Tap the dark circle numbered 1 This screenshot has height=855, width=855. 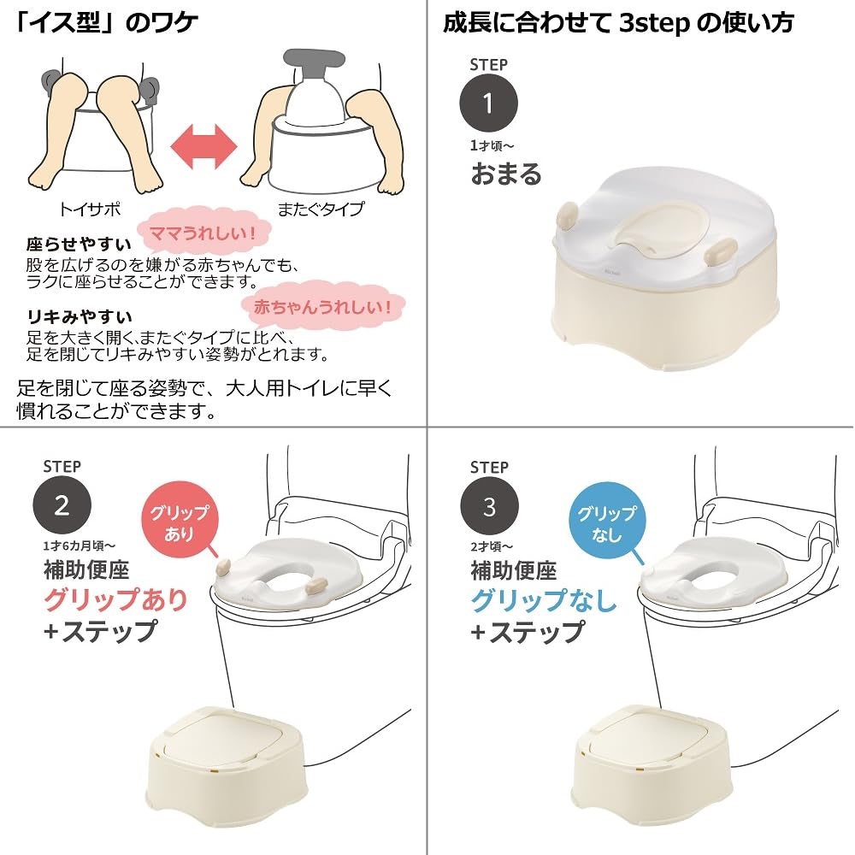(x=488, y=103)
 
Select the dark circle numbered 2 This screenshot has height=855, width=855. (x=62, y=506)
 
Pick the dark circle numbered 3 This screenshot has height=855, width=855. (x=489, y=507)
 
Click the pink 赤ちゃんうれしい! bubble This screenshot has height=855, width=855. (x=322, y=305)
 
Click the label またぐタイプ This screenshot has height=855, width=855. (x=320, y=208)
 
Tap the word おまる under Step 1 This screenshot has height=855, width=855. (x=506, y=174)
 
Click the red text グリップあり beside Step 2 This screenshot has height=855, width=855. (x=115, y=599)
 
